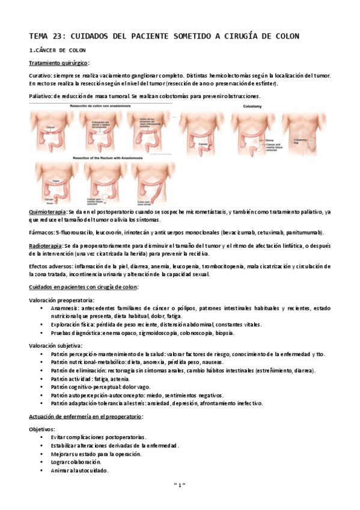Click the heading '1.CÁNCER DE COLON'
point(57,50)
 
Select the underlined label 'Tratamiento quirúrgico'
point(58,63)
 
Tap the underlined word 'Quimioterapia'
point(47,212)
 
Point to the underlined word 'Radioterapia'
point(46,246)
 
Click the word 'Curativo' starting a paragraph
point(40,75)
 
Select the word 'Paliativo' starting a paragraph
point(40,96)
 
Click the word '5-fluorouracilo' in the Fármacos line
point(73,232)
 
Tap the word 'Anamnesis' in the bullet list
point(65,308)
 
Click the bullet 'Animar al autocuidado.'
point(79,470)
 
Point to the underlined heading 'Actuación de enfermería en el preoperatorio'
point(85,416)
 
